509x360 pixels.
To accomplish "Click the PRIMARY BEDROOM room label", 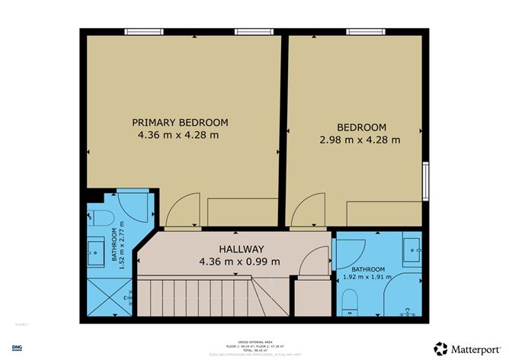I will click(x=180, y=122).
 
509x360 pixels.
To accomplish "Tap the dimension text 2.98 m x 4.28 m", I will click(x=359, y=140).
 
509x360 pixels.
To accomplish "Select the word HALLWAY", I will click(x=241, y=249).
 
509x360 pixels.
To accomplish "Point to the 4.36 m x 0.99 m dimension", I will click(x=239, y=262).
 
